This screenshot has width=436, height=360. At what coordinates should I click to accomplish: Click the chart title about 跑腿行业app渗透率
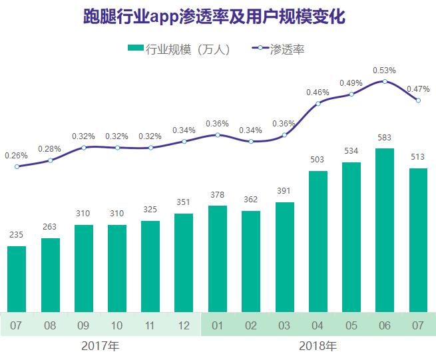point(218,16)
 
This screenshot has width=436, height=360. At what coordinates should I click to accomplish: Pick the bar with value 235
point(17,278)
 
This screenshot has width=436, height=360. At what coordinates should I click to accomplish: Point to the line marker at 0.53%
point(385,81)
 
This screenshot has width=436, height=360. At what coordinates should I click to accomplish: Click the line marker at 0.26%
point(17,166)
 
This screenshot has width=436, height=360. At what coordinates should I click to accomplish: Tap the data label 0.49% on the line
point(351,83)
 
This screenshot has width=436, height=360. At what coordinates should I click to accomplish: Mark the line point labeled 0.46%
point(318,103)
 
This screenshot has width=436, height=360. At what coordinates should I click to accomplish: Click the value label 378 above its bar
point(218,194)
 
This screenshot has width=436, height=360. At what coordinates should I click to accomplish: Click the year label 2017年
point(101,347)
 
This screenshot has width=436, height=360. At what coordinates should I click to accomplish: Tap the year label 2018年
point(318,347)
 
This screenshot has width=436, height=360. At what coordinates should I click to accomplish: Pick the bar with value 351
point(184,262)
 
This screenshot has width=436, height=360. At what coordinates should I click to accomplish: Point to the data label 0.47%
point(418,89)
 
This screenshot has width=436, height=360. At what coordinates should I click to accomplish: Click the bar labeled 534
point(351,237)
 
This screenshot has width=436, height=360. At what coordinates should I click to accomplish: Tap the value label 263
point(50,227)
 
